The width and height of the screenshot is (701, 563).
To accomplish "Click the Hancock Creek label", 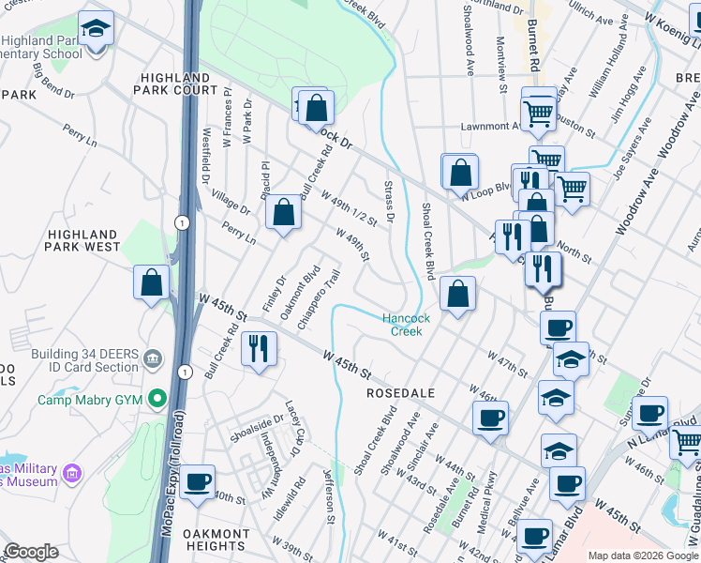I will [406, 325].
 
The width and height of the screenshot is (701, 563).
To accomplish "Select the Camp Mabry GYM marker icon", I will [157, 399].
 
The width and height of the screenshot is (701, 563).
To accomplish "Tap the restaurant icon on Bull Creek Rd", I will [257, 349].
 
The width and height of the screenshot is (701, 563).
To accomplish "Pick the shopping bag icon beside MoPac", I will [152, 283].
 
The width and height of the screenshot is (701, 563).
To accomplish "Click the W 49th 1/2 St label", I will [348, 209].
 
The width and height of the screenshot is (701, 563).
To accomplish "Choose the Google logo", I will [31, 552].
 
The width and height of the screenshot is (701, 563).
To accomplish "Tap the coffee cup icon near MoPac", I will [198, 481].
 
